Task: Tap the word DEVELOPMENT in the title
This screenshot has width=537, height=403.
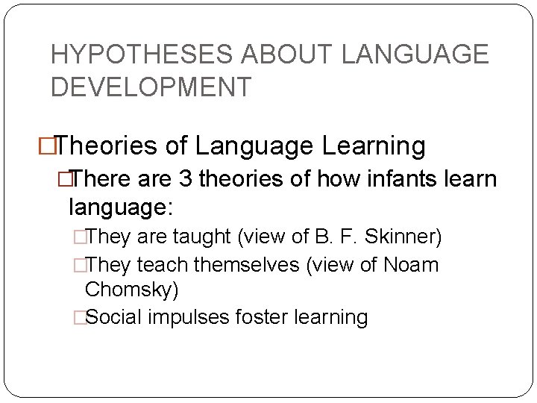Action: (x=151, y=87)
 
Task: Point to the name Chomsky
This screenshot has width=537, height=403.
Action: (x=131, y=289)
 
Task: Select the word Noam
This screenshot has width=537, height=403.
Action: (x=409, y=265)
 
